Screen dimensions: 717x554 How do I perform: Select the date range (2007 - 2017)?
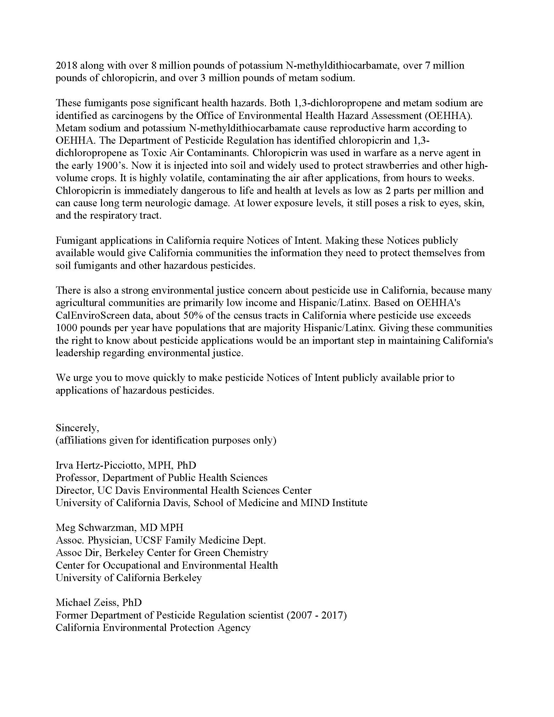pos(317,615)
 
